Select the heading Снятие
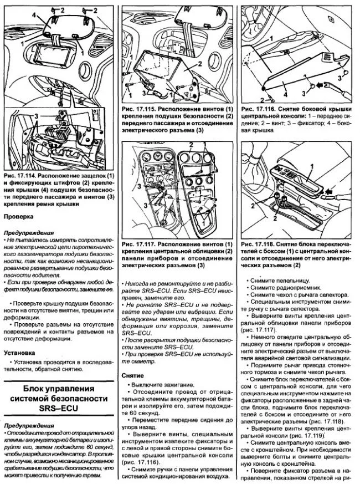(133, 375)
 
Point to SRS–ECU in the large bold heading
(61, 409)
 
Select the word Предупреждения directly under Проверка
(29, 233)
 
